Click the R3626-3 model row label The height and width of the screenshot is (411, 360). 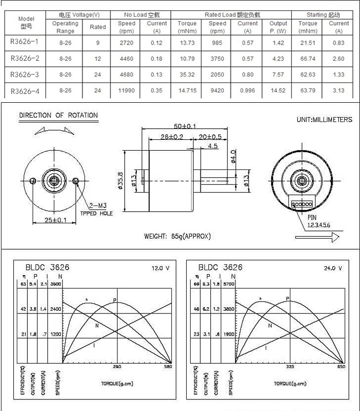[x=24, y=74]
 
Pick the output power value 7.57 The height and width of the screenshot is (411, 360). [x=278, y=74]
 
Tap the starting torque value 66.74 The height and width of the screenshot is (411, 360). [x=308, y=59]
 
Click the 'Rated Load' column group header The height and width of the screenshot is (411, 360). [x=232, y=15]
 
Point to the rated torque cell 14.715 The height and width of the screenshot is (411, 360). [x=187, y=90]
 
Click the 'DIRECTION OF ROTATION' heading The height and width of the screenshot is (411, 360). [x=58, y=115]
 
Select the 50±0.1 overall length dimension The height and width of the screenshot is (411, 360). [x=184, y=126]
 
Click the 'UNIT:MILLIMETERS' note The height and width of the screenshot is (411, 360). [x=324, y=120]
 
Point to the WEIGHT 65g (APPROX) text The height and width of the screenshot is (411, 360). [x=178, y=236]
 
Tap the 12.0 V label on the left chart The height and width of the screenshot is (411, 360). [x=161, y=268]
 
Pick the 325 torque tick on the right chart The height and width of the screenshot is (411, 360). [x=290, y=366]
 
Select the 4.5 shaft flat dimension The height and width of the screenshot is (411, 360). [x=213, y=146]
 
